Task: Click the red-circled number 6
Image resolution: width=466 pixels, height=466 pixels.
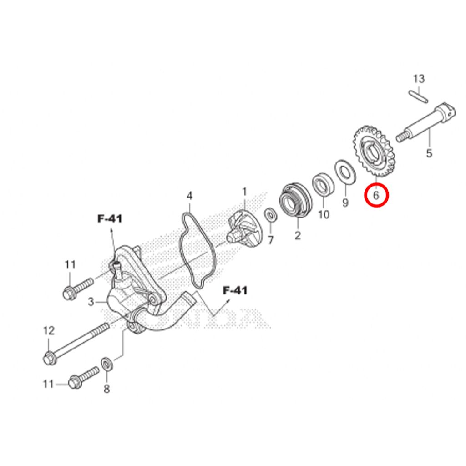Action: click(376, 195)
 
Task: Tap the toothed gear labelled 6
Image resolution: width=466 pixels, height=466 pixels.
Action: click(372, 151)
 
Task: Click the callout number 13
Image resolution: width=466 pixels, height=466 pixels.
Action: click(419, 79)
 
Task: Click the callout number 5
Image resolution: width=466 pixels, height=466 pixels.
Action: click(429, 153)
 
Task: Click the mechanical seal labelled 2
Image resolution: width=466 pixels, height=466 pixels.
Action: click(295, 201)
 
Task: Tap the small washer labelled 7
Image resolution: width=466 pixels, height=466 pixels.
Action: click(271, 215)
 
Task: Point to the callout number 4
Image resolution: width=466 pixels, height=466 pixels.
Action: click(190, 196)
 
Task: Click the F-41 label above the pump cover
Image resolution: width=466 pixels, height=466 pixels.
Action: click(110, 219)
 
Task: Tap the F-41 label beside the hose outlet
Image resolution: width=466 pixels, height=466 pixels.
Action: click(235, 290)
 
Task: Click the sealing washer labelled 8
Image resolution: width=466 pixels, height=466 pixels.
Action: click(106, 365)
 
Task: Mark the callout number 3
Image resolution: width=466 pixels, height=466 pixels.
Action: click(91, 302)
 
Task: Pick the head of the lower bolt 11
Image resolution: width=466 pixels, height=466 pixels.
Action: click(75, 382)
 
